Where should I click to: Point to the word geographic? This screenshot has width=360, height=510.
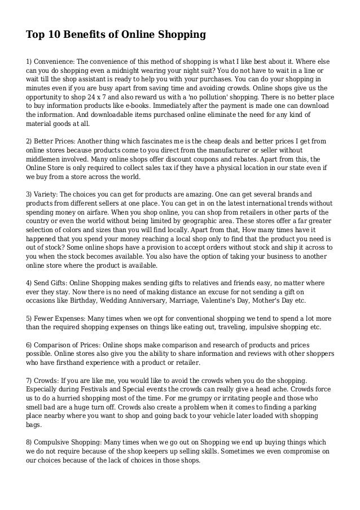tap(192, 220)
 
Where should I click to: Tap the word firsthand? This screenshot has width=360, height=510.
tap(69, 362)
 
